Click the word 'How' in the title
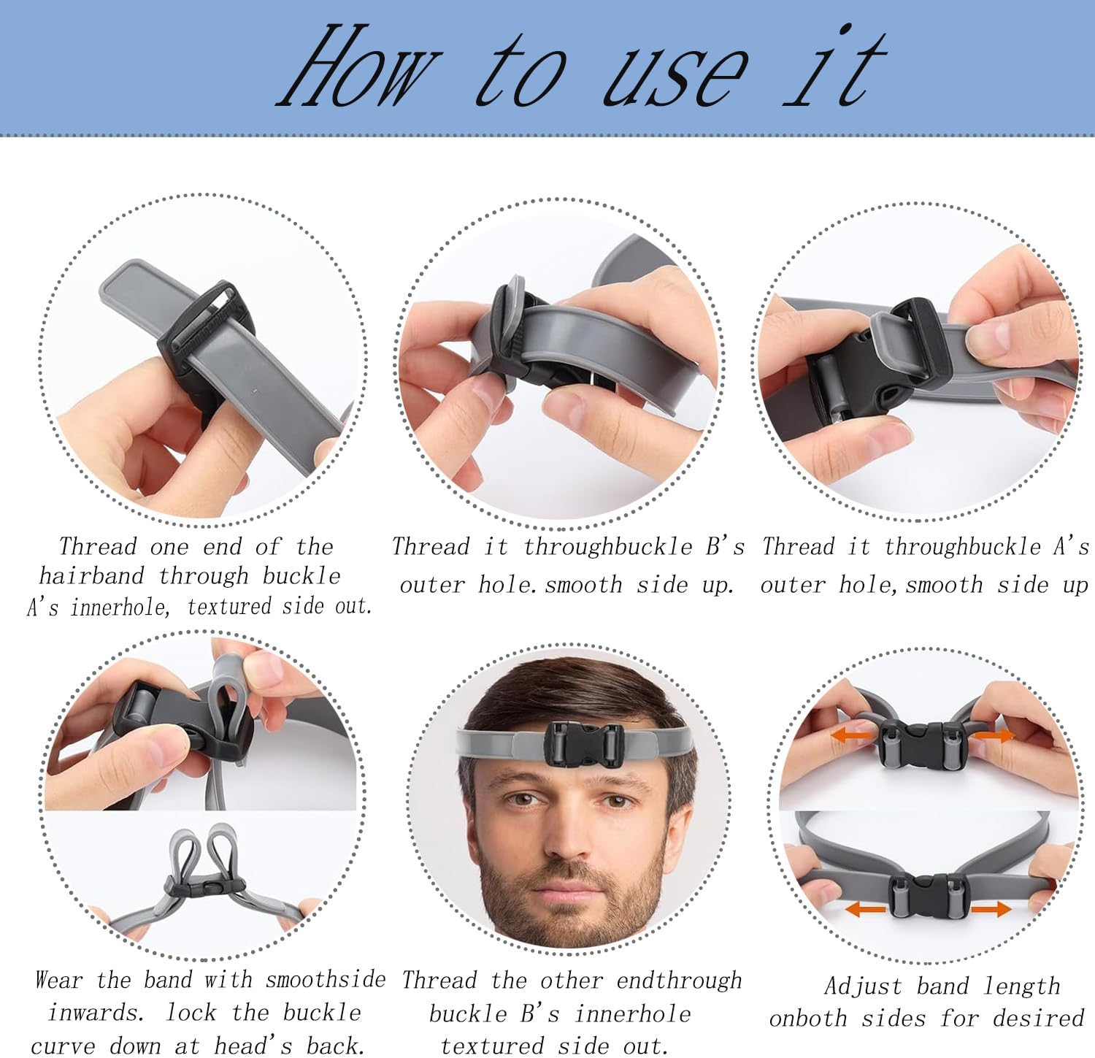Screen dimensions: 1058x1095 tap(358, 69)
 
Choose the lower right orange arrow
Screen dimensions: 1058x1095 tap(991, 909)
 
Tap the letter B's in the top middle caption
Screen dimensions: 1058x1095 tap(725, 547)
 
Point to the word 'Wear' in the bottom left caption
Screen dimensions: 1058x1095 tap(59, 980)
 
